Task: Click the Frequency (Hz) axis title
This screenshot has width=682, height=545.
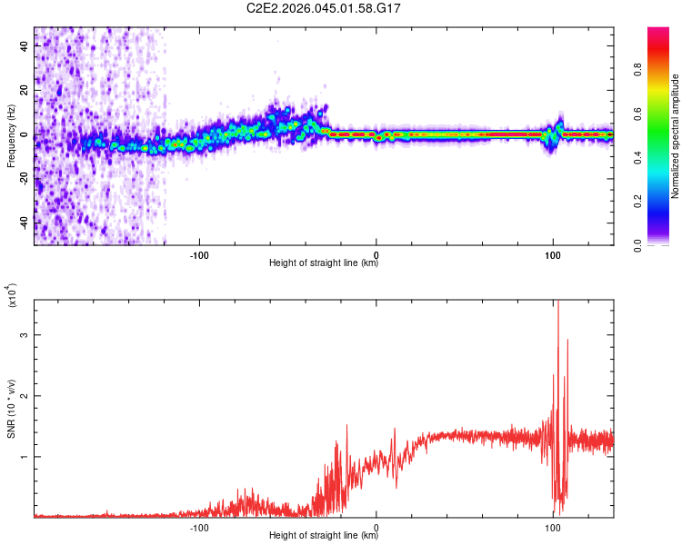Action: click(x=11, y=136)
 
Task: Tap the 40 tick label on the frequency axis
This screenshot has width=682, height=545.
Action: click(x=25, y=47)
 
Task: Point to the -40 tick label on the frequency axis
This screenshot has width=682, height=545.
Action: click(x=23, y=223)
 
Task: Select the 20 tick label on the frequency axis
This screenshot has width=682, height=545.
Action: click(x=25, y=91)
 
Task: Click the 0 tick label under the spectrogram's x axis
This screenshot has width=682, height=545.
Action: click(x=376, y=254)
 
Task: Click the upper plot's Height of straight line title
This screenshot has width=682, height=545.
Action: click(x=324, y=264)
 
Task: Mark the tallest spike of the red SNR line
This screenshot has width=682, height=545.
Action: click(x=558, y=303)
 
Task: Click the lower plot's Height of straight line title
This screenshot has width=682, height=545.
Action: click(x=324, y=536)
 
